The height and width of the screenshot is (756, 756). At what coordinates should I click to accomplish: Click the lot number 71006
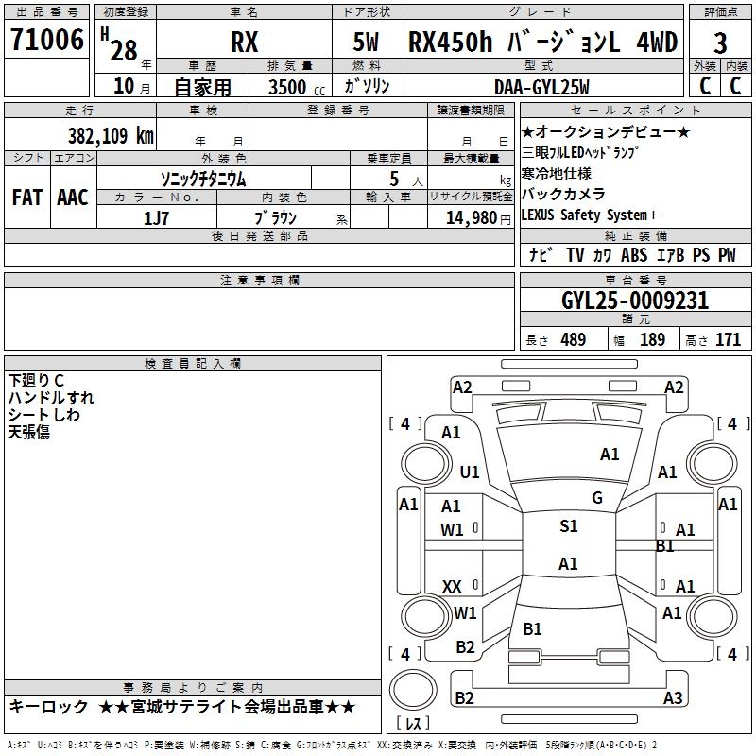[x=46, y=42]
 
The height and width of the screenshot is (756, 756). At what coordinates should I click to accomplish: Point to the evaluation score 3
[x=720, y=43]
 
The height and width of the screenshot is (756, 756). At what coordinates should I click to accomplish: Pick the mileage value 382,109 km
[x=111, y=135]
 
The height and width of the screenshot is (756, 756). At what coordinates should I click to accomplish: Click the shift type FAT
[x=26, y=198]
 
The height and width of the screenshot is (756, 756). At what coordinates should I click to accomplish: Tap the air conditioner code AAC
[x=72, y=198]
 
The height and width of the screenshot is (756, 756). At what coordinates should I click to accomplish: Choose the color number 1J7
[x=156, y=217]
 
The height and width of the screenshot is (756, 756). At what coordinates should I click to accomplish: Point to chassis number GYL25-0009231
[x=635, y=301]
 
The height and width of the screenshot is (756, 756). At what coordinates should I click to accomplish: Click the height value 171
[x=728, y=340]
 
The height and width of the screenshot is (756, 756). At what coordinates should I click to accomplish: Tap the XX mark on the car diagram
[x=452, y=587]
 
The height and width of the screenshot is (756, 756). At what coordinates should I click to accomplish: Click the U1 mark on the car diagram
[x=470, y=472]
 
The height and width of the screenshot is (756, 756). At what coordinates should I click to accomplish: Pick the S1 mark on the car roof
[x=568, y=526]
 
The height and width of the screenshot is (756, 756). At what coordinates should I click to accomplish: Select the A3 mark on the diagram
[x=672, y=698]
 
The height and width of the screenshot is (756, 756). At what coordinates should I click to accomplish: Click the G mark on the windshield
[x=596, y=498]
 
